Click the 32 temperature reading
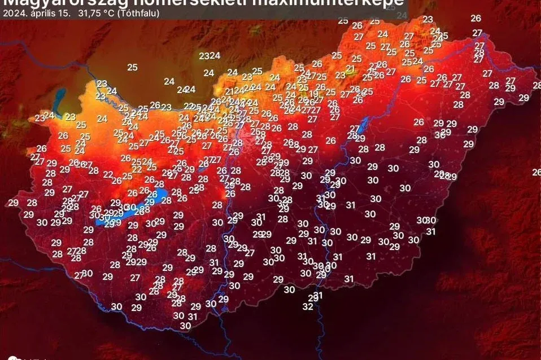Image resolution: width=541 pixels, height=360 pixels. (308, 307)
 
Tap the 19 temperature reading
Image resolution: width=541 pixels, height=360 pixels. (313, 94)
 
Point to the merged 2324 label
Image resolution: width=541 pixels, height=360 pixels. (210, 55)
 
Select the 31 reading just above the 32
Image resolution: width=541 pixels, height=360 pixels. (318, 295)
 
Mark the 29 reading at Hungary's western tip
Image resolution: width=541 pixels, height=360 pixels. (14, 203)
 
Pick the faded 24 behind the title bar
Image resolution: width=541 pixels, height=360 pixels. (402, 15)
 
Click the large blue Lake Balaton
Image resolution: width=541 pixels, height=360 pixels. (136, 209)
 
